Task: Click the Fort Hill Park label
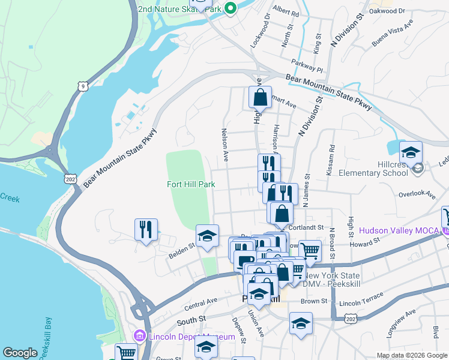click(190, 185)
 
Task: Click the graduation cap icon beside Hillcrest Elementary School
click(411, 152)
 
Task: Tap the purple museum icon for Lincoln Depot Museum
click(140, 337)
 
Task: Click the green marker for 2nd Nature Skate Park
click(229, 9)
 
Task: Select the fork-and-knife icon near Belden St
click(146, 229)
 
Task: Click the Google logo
click(20, 353)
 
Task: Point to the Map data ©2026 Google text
click(412, 355)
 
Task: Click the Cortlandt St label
click(309, 228)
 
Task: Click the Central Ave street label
click(203, 301)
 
